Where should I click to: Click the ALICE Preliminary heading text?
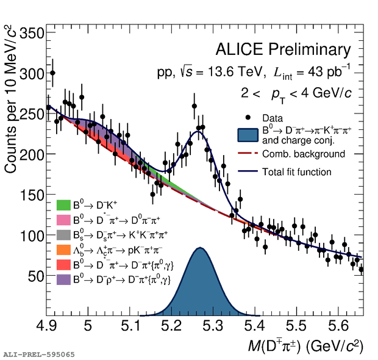(x=283, y=50)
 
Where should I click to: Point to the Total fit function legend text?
(x=297, y=172)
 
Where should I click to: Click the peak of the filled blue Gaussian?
(x=199, y=248)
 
